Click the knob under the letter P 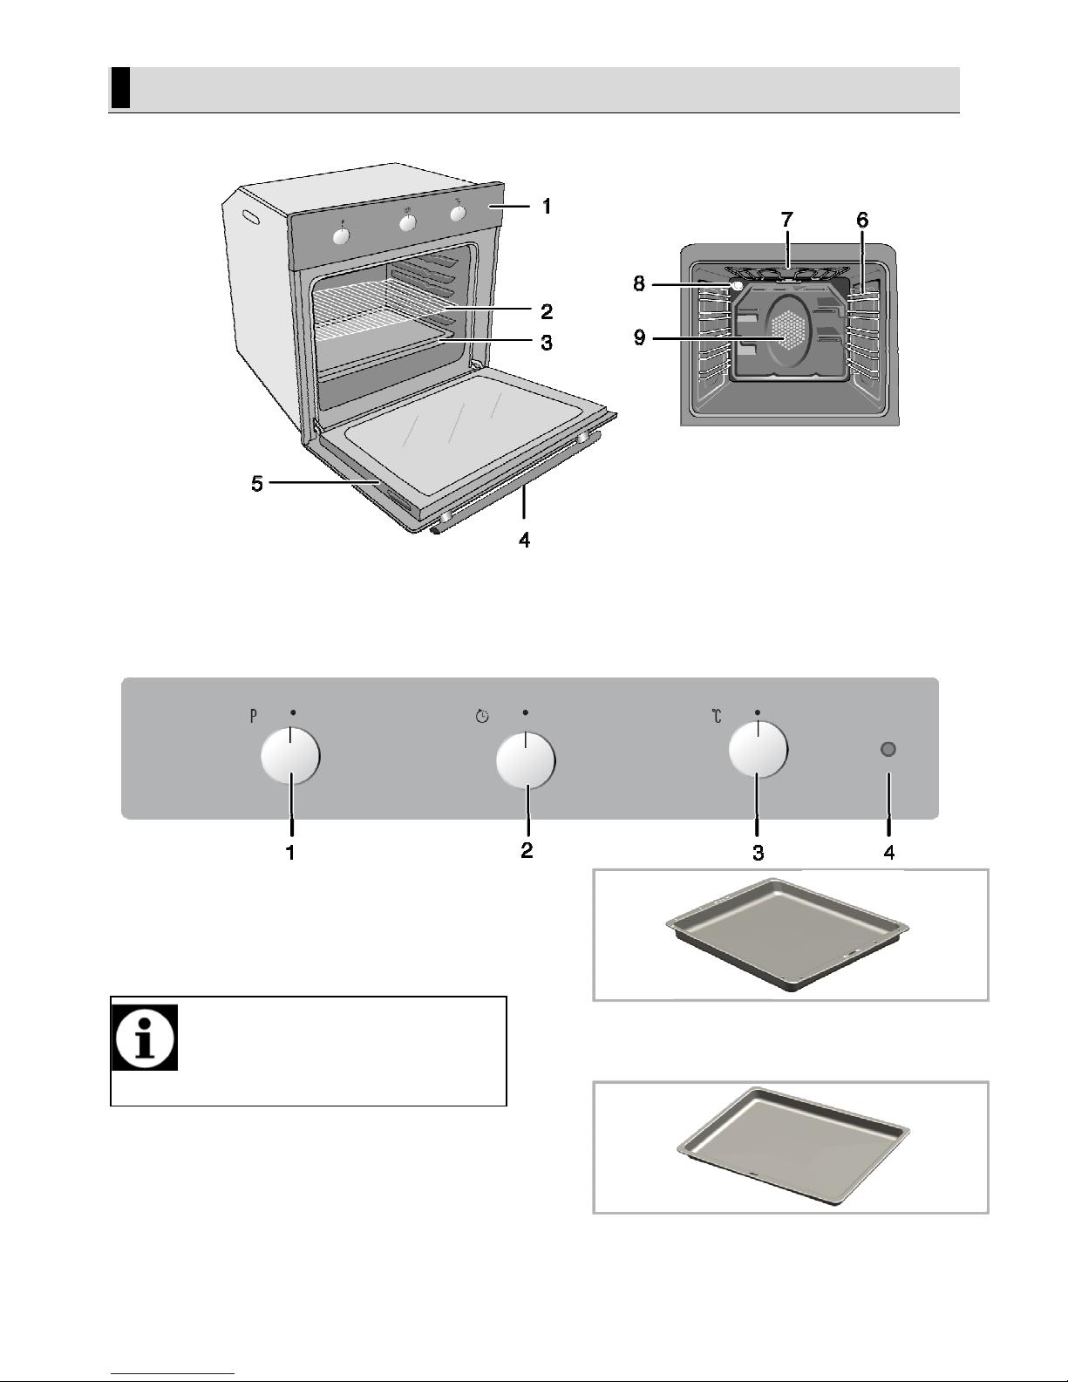(290, 756)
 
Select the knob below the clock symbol (526, 760)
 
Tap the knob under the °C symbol (758, 750)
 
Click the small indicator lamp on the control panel (888, 749)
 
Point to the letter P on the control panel (253, 716)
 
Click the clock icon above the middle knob (482, 717)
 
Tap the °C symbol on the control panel (717, 716)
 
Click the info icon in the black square (145, 1038)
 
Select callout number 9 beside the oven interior (640, 337)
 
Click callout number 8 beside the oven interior (639, 283)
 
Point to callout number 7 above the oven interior (787, 220)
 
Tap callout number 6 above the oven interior (862, 220)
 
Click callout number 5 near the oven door (257, 483)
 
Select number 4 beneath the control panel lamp (889, 852)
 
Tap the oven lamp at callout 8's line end (736, 286)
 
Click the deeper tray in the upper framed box (787, 935)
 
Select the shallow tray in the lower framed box (793, 1146)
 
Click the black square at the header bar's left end (121, 88)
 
